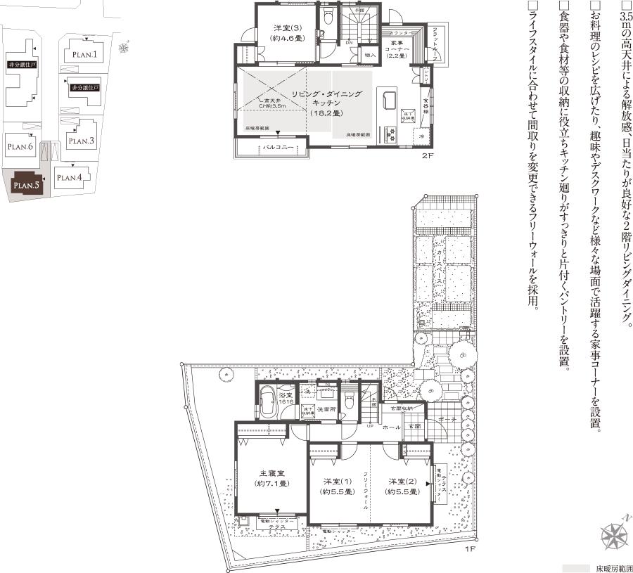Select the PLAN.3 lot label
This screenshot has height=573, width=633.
82,141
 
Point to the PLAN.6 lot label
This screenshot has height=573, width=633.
20,146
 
